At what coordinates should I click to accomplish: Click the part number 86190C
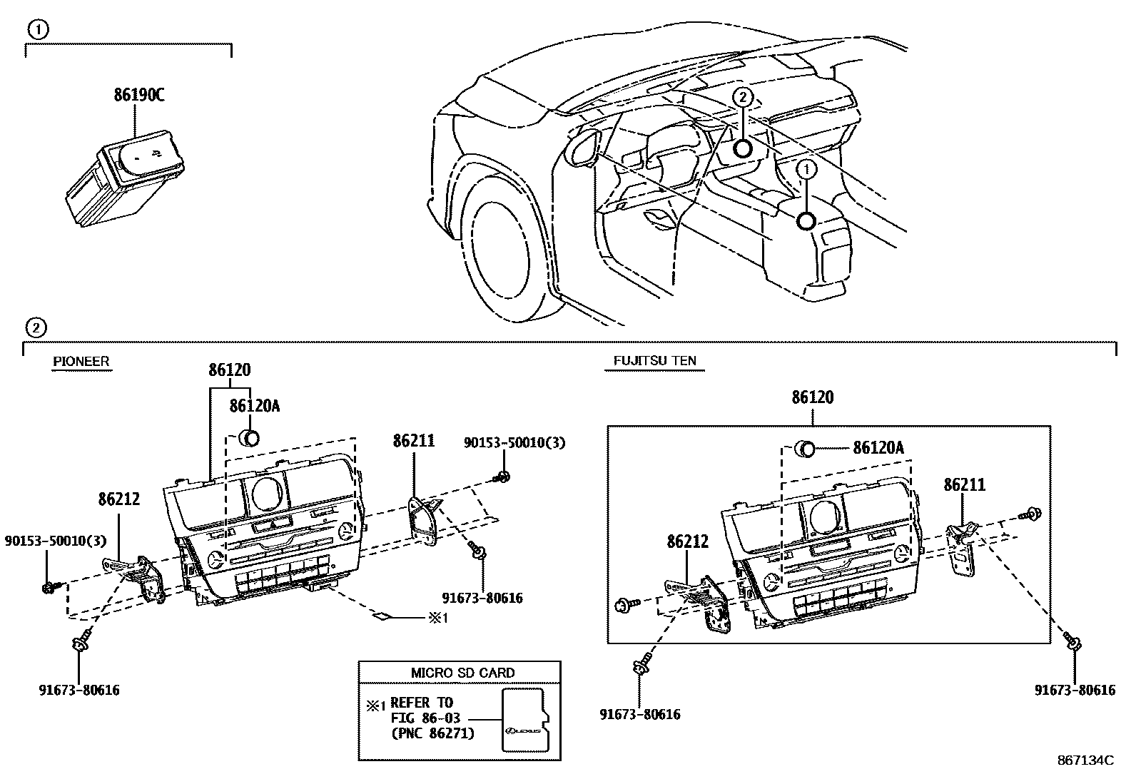(139, 95)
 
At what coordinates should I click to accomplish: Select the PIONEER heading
(81, 362)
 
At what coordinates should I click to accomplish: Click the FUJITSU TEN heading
(655, 362)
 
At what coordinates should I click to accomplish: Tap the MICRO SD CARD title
(462, 673)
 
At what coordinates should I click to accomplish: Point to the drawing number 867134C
(1085, 760)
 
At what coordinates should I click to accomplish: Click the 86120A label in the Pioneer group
(254, 406)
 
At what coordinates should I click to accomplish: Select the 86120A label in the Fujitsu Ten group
(878, 448)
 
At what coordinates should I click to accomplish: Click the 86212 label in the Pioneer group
(119, 499)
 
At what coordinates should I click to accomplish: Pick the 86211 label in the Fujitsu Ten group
(964, 485)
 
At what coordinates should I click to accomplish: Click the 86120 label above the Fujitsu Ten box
(812, 397)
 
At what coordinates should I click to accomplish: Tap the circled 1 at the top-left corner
(38, 29)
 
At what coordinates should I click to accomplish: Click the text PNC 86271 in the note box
(432, 733)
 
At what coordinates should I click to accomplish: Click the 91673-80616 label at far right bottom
(1075, 690)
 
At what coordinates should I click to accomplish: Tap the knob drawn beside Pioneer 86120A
(250, 438)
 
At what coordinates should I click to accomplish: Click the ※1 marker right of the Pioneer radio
(437, 618)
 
